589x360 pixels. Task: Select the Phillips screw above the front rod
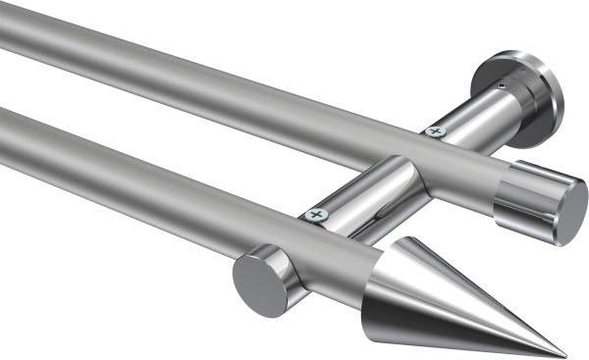pos(315,213)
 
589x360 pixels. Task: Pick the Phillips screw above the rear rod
pos(433,129)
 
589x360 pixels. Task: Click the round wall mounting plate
pos(520,93)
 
